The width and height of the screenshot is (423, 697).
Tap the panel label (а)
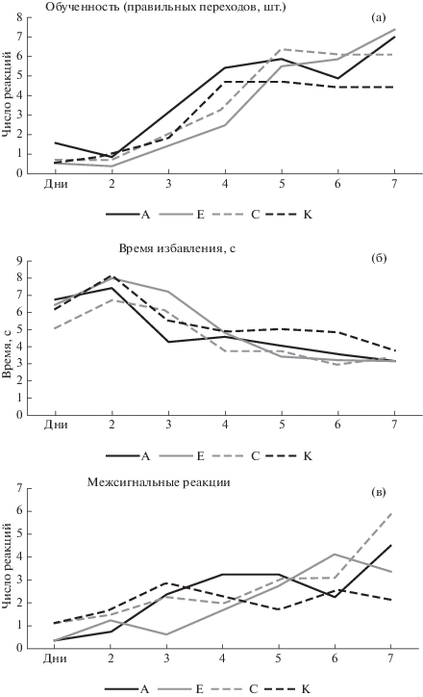tap(379, 17)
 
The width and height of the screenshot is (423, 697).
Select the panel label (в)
tap(378, 492)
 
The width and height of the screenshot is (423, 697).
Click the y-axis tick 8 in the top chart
tap(19, 17)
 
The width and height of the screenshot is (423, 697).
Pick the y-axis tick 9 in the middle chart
tap(19, 261)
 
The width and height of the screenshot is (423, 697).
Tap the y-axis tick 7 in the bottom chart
tap(19, 488)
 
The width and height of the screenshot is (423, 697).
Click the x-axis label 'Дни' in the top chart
tap(56, 183)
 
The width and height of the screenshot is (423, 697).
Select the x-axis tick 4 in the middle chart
tap(225, 424)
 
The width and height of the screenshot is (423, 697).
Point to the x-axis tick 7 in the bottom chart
tap(390, 658)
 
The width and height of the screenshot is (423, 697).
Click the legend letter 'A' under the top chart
tap(145, 215)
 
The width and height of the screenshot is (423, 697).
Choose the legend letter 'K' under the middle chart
tap(308, 455)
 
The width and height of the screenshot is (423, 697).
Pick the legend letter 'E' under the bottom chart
tap(199, 689)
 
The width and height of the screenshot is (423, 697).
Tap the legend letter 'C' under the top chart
tap(255, 215)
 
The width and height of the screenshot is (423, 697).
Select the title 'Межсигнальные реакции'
tap(159, 482)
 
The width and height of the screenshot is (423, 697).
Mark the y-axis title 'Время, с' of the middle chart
tap(7, 354)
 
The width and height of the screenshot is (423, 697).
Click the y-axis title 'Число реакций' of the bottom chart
tap(7, 564)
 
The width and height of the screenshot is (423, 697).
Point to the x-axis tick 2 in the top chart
tap(112, 183)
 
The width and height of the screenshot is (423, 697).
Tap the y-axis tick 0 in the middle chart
tap(19, 415)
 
